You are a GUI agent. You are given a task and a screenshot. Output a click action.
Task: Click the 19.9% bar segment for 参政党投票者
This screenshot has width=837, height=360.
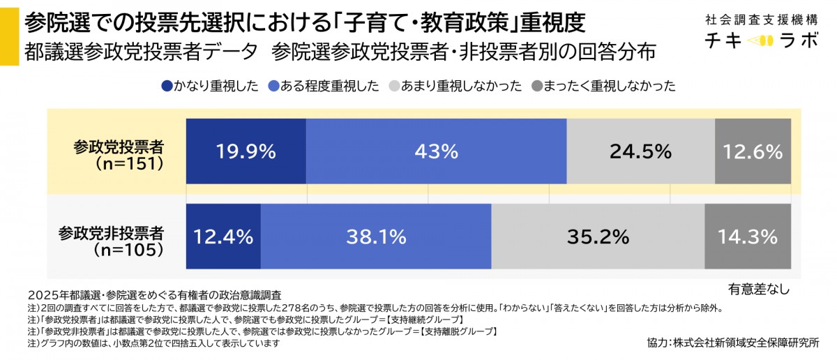[246, 151]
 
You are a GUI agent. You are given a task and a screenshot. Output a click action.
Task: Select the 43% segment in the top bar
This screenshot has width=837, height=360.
[436, 151]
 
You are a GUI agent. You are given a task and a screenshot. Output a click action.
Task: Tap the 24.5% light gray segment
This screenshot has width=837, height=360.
[640, 151]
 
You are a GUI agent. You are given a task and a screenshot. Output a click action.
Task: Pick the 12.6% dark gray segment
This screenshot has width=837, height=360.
[753, 151]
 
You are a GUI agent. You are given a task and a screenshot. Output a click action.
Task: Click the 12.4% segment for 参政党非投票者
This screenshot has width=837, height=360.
[223, 237]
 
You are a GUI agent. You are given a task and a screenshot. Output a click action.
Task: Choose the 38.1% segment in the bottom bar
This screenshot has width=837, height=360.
[376, 237]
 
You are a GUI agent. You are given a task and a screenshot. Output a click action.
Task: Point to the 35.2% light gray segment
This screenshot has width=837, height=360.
[598, 237]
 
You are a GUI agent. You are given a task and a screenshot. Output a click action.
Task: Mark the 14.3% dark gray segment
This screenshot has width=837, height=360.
[748, 237]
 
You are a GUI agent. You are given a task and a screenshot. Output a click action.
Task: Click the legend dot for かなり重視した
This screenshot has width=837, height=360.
[167, 87]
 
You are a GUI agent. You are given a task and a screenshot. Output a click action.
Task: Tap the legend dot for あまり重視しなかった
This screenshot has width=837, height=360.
[393, 87]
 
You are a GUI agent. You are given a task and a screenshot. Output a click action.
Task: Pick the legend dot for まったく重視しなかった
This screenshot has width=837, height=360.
[536, 87]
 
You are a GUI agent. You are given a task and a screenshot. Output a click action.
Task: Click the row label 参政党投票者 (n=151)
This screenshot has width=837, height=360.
[119, 155]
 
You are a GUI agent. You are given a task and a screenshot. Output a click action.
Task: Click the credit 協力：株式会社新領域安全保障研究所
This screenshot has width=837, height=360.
[733, 343]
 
